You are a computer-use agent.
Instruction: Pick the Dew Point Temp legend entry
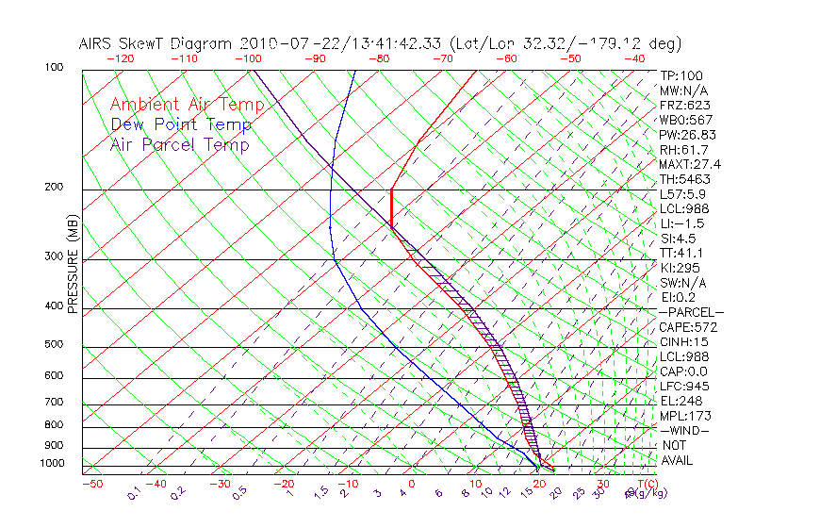click(180, 124)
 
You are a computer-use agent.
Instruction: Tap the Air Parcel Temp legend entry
click(179, 144)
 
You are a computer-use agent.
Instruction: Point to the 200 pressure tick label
click(53, 188)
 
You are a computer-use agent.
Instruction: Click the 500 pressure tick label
click(53, 345)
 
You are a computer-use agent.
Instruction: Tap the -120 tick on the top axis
click(120, 58)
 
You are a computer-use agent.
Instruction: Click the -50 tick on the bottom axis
click(91, 484)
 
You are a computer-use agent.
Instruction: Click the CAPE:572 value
click(688, 327)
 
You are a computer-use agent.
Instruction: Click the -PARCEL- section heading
click(691, 312)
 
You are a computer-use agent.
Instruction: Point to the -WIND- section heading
click(684, 430)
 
